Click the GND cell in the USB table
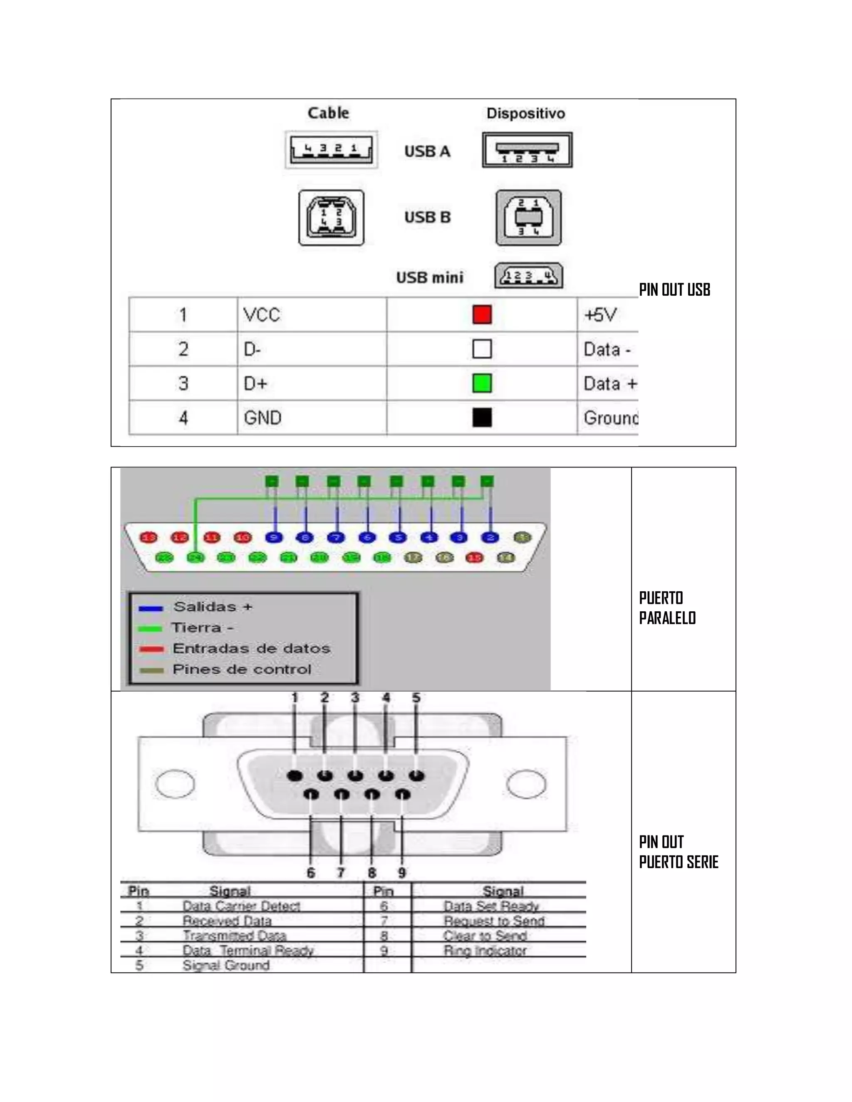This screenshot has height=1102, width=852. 263,418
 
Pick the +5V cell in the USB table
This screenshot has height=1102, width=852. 600,315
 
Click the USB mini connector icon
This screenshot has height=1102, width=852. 528,276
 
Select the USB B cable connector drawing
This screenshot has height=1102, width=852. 331,217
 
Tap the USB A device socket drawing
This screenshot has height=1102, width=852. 527,150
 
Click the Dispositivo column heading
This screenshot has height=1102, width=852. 525,114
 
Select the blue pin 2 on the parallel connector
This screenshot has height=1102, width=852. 490,537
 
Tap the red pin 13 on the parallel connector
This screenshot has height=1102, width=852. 149,537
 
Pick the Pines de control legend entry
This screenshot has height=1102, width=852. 241,670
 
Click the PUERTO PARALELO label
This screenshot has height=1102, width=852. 667,608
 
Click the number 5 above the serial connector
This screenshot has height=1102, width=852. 416,698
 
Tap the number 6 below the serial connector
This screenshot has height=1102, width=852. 311,872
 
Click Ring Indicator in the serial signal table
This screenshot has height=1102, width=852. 485,951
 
